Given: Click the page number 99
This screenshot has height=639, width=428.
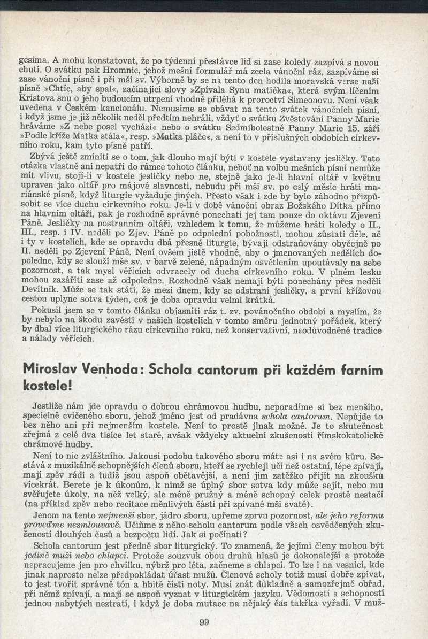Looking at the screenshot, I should [x=203, y=621].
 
